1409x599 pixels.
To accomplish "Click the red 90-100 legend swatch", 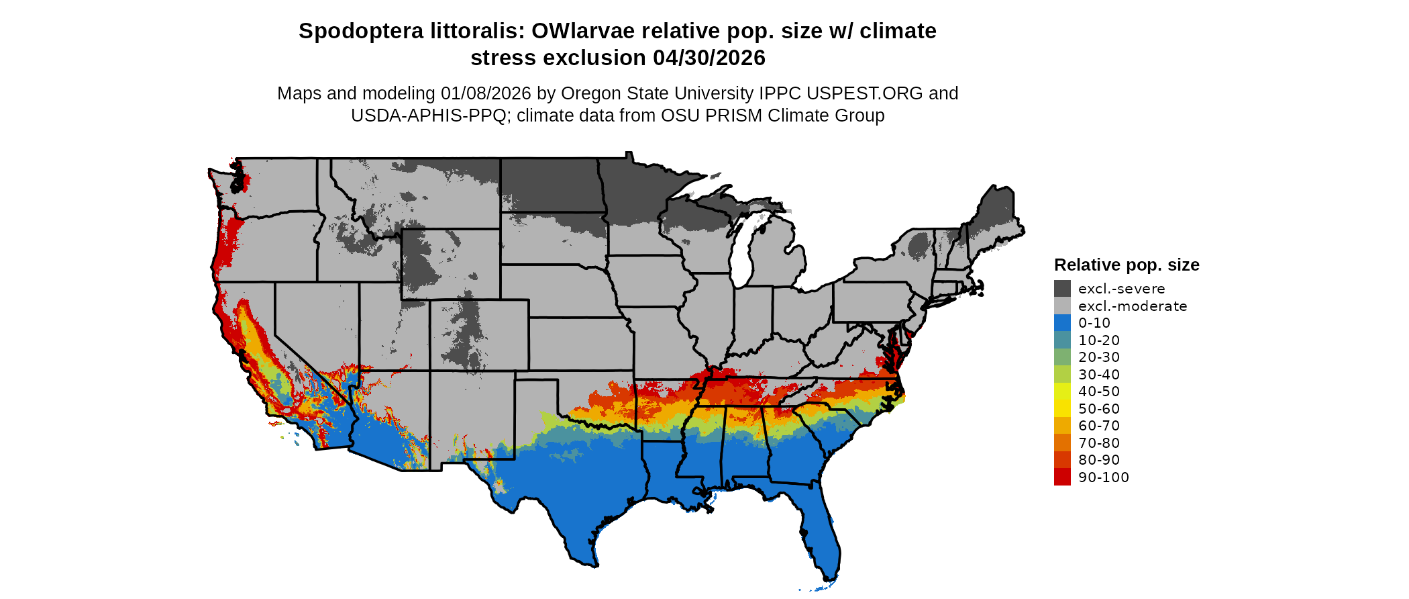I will (x=1062, y=477).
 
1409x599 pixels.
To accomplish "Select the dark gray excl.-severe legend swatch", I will (x=1062, y=289).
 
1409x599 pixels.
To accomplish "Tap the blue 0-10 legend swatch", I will (x=1062, y=323).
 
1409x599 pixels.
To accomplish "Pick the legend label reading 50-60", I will (x=1099, y=409).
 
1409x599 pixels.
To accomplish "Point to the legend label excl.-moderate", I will (x=1133, y=306).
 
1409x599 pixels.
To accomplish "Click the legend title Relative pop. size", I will (x=1127, y=265).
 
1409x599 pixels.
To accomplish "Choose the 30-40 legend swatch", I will (x=1062, y=374).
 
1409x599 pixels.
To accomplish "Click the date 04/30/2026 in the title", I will (x=709, y=58).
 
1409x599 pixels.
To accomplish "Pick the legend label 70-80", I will (x=1099, y=443).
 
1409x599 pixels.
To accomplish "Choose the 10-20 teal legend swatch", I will (x=1062, y=340).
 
